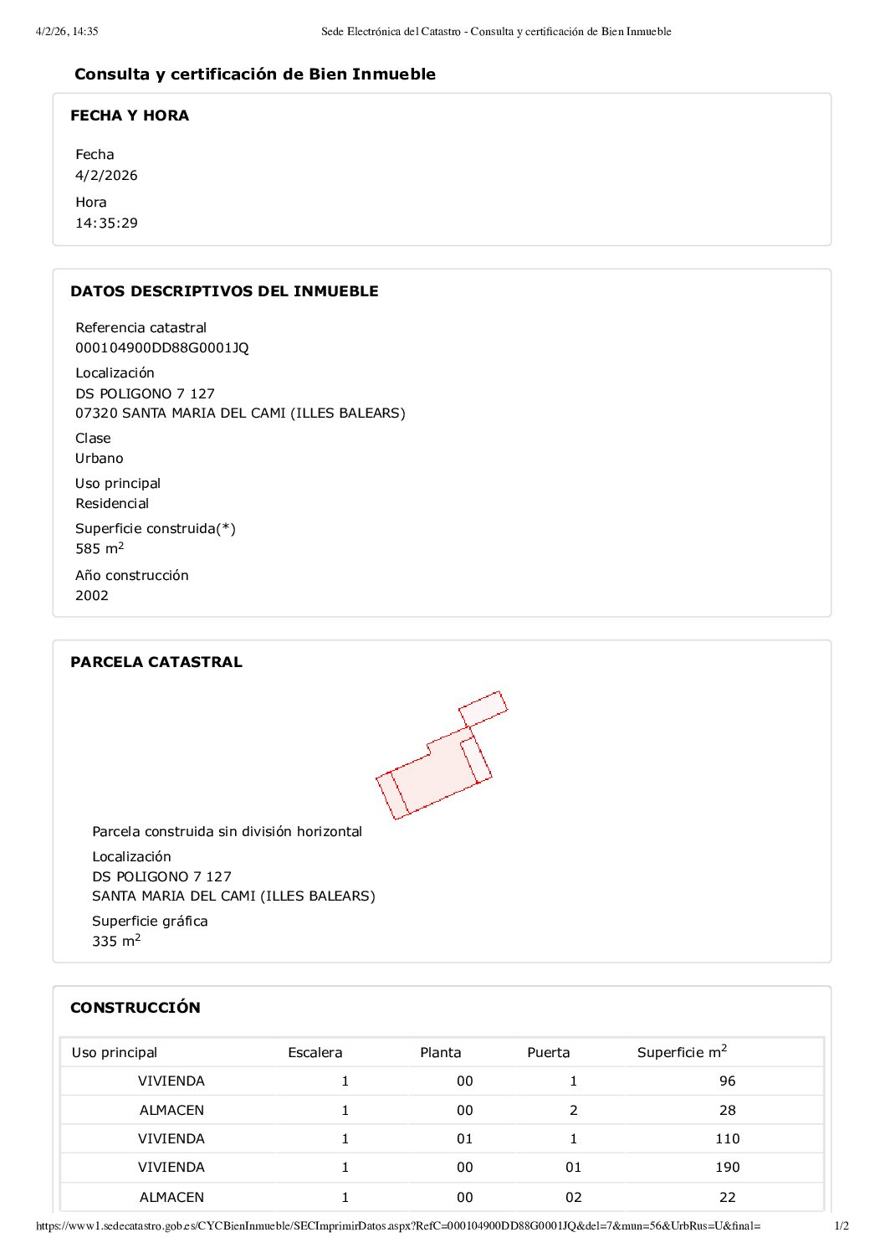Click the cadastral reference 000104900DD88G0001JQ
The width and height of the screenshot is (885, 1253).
pyautogui.click(x=162, y=348)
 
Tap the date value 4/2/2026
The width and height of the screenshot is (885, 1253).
pyautogui.click(x=106, y=176)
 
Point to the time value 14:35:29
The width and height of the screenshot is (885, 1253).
pyautogui.click(x=106, y=223)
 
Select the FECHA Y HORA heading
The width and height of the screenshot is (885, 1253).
pyautogui.click(x=130, y=116)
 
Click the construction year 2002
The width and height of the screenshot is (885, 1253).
pyautogui.click(x=92, y=596)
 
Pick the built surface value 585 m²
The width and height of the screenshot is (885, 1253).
pyautogui.click(x=100, y=549)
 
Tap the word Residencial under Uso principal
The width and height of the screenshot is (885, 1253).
pyautogui.click(x=112, y=504)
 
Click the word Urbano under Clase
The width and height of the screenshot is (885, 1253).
pyautogui.click(x=100, y=459)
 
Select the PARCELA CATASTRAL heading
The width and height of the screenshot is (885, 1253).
pyautogui.click(x=156, y=662)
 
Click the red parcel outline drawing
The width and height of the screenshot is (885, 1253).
pyautogui.click(x=435, y=766)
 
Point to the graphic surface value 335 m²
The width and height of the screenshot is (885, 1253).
pyautogui.click(x=116, y=942)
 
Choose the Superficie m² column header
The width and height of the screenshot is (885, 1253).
pyautogui.click(x=682, y=1052)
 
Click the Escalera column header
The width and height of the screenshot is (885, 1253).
pyautogui.click(x=315, y=1053)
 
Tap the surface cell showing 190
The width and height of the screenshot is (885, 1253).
pyautogui.click(x=727, y=1168)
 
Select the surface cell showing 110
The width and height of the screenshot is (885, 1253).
pyautogui.click(x=727, y=1139)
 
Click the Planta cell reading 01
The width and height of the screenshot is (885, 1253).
pyautogui.click(x=465, y=1139)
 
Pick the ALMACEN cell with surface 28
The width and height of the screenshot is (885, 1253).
pyautogui.click(x=171, y=1111)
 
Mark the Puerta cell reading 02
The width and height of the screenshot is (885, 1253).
pyautogui.click(x=573, y=1198)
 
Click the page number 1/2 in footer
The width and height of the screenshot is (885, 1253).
pyautogui.click(x=842, y=1226)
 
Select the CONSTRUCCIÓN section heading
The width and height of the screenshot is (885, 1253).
pyautogui.click(x=136, y=1008)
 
